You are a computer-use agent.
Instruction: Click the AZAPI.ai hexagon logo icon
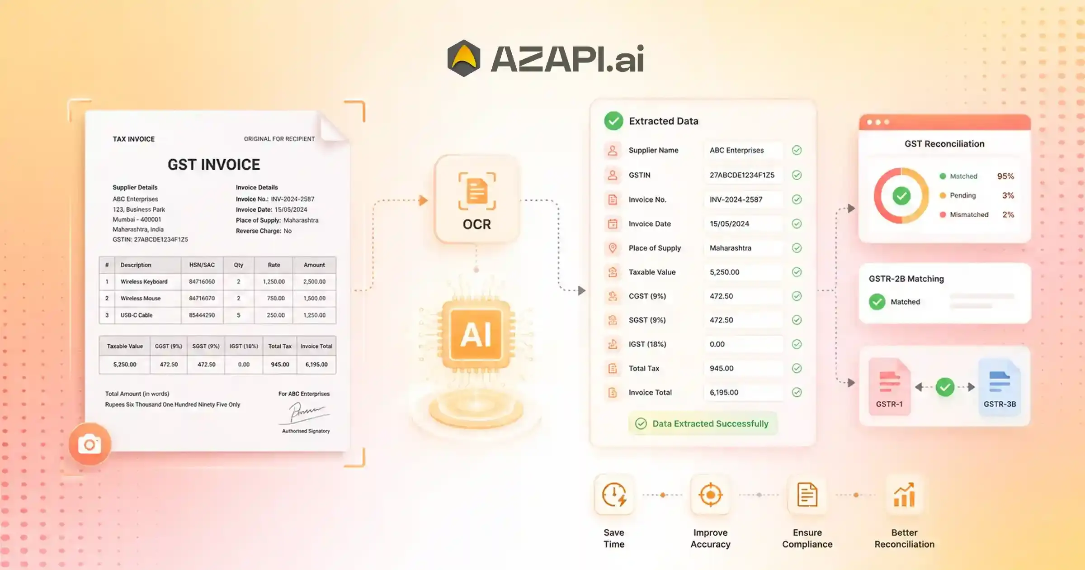tap(463, 58)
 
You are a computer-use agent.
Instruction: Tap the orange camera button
tap(90, 444)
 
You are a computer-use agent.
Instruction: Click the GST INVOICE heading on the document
tap(214, 165)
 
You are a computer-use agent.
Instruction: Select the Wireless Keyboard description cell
tap(144, 281)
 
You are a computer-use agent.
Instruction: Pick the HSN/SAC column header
tap(202, 265)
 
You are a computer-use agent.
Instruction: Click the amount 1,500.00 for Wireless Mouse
tap(314, 298)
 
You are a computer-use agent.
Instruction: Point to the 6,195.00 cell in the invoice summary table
tap(316, 364)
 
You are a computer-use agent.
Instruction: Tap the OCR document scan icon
tap(477, 191)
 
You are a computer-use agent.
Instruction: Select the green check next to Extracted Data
tap(613, 121)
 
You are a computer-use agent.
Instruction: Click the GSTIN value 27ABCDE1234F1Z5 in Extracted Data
tap(742, 175)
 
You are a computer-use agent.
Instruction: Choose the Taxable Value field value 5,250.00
tap(724, 272)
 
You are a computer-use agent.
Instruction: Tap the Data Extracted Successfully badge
tap(703, 423)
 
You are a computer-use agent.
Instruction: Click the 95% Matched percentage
tap(1005, 176)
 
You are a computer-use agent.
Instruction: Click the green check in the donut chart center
tap(901, 196)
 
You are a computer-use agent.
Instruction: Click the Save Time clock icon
tap(614, 494)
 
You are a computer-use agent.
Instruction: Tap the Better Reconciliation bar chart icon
tap(904, 494)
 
